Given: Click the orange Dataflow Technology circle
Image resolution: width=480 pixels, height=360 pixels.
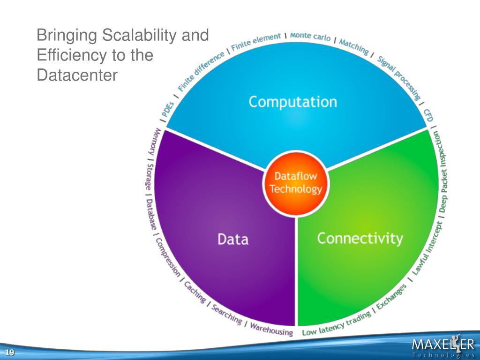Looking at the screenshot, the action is pyautogui.click(x=296, y=183).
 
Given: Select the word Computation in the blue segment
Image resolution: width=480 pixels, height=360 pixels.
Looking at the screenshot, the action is pyautogui.click(x=292, y=102).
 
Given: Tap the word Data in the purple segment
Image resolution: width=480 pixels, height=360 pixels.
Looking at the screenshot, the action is pyautogui.click(x=233, y=240).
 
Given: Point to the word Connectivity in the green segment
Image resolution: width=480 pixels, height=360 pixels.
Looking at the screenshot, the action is pyautogui.click(x=360, y=238).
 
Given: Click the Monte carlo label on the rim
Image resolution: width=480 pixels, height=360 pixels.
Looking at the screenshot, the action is pyautogui.click(x=310, y=36).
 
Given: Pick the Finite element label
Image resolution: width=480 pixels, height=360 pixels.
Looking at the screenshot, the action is pyautogui.click(x=256, y=42).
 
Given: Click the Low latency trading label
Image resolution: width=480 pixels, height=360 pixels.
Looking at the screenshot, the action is pyautogui.click(x=337, y=324).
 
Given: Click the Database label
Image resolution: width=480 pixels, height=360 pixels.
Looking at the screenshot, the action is pyautogui.click(x=151, y=214).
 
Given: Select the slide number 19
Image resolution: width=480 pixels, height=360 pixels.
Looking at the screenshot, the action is pyautogui.click(x=9, y=353).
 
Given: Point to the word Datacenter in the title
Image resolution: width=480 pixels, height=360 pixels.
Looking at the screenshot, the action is pyautogui.click(x=77, y=75).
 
